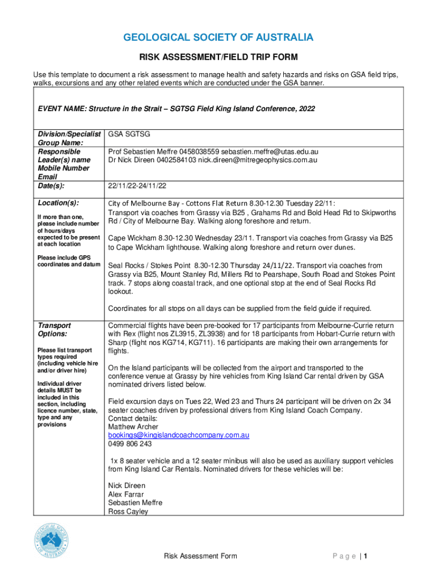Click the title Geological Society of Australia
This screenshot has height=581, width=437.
[218, 37]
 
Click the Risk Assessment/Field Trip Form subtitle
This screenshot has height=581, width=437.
[218, 57]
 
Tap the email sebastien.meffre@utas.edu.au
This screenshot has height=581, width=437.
[270, 151]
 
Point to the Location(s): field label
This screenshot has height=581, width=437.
[58, 203]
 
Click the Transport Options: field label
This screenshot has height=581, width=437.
[54, 330]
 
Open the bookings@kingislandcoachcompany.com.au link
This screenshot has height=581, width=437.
[179, 435]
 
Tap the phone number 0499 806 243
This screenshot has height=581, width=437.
[130, 444]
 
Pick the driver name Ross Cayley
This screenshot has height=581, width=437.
[128, 511]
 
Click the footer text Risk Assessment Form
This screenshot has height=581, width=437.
[200, 556]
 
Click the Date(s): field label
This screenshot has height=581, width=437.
[51, 185]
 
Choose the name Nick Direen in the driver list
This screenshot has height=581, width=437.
[127, 486]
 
